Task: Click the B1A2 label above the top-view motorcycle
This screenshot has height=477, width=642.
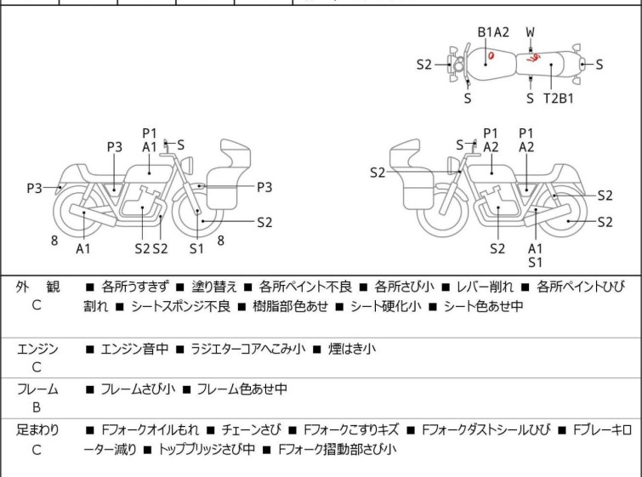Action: (493, 32)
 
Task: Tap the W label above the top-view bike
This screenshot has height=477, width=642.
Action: (531, 32)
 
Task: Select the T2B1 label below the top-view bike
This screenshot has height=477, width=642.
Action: (559, 98)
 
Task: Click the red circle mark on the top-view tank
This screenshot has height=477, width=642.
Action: (491, 57)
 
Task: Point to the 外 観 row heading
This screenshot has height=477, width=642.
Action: (37, 287)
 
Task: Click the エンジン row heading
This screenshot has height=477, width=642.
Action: (37, 349)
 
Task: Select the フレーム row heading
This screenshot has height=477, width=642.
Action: (37, 389)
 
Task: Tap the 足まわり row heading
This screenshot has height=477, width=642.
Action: (37, 430)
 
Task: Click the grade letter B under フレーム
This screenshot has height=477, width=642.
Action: (37, 408)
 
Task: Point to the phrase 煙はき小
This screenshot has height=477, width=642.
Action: (352, 349)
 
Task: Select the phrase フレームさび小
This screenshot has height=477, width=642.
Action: (138, 389)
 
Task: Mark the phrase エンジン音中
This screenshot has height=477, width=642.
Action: (135, 349)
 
